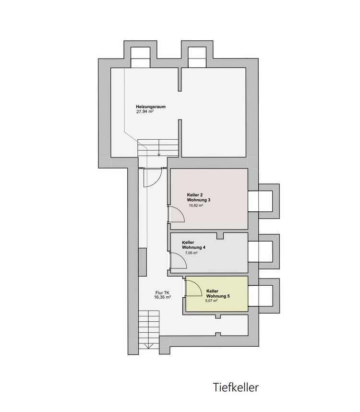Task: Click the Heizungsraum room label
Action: point(151,107)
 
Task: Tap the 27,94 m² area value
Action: point(145,111)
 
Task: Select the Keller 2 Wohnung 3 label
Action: point(199,197)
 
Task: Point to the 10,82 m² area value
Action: point(196,206)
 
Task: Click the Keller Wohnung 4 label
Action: point(193,245)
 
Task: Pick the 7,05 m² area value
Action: point(192,253)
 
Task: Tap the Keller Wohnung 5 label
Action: point(218,293)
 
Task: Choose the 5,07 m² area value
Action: point(211,301)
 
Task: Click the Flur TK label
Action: point(163,293)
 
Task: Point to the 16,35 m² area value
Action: point(163,297)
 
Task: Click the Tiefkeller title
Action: point(236,388)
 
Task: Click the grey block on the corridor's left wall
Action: point(143,262)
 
